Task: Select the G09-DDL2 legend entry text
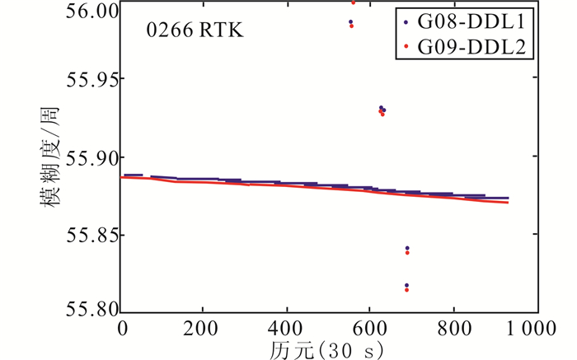(x=473, y=47)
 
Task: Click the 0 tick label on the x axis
(x=123, y=330)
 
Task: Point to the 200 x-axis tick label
(x=204, y=330)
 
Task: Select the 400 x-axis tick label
(x=287, y=330)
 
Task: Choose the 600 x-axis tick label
(x=370, y=330)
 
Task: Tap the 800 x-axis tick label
(x=453, y=330)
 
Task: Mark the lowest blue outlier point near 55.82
(x=407, y=285)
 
